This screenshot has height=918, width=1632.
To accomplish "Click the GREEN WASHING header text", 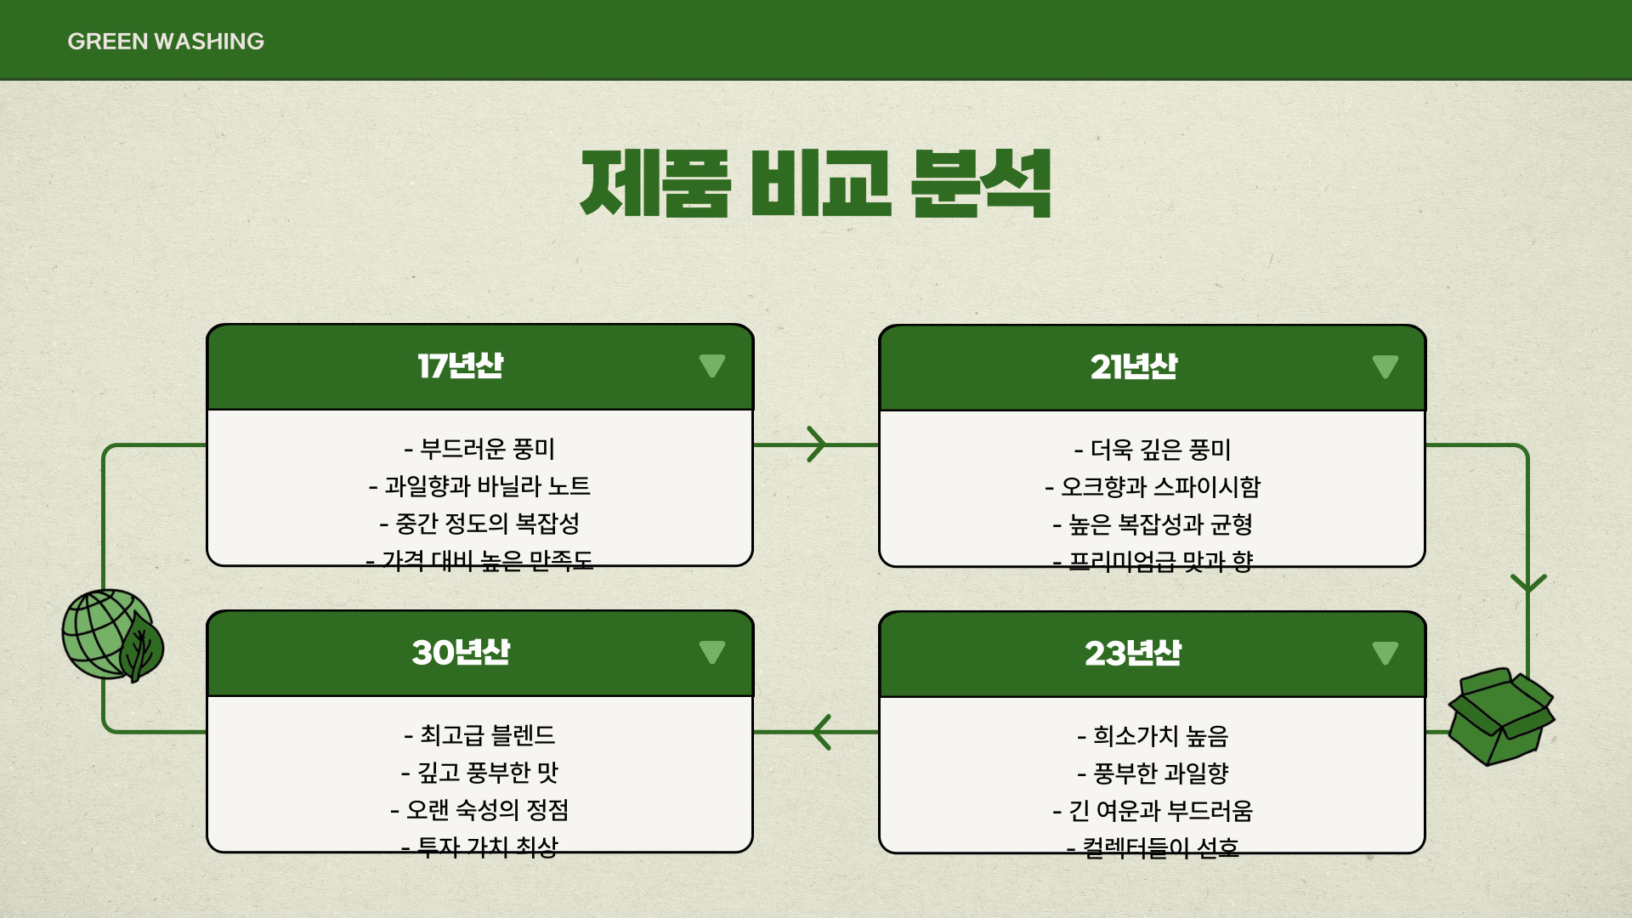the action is [x=166, y=41].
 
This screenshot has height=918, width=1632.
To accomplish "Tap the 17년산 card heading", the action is [x=460, y=366].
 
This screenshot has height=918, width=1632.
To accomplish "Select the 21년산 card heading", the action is [x=1133, y=367].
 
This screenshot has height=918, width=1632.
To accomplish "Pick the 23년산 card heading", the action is [x=1133, y=654].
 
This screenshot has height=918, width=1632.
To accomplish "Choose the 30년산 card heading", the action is [x=460, y=653].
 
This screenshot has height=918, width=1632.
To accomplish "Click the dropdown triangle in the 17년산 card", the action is [x=712, y=366].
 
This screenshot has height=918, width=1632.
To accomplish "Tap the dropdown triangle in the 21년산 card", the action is [x=1385, y=367].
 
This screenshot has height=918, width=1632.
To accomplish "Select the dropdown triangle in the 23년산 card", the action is [x=1385, y=654].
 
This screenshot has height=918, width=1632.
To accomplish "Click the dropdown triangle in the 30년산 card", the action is [x=712, y=653].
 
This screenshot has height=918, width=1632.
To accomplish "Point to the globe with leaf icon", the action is [x=112, y=636].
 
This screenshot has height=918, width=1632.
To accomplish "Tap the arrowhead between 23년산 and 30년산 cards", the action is [x=821, y=732].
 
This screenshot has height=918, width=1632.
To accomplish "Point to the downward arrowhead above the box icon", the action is [x=1528, y=583].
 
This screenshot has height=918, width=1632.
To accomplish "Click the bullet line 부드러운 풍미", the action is [x=480, y=449].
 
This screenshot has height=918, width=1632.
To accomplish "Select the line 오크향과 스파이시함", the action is [x=1153, y=487].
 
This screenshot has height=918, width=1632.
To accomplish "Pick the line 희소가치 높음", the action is [x=1153, y=736].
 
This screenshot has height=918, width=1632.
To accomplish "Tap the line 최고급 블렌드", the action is [x=480, y=735].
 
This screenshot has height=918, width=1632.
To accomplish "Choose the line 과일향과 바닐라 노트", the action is [x=480, y=486].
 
